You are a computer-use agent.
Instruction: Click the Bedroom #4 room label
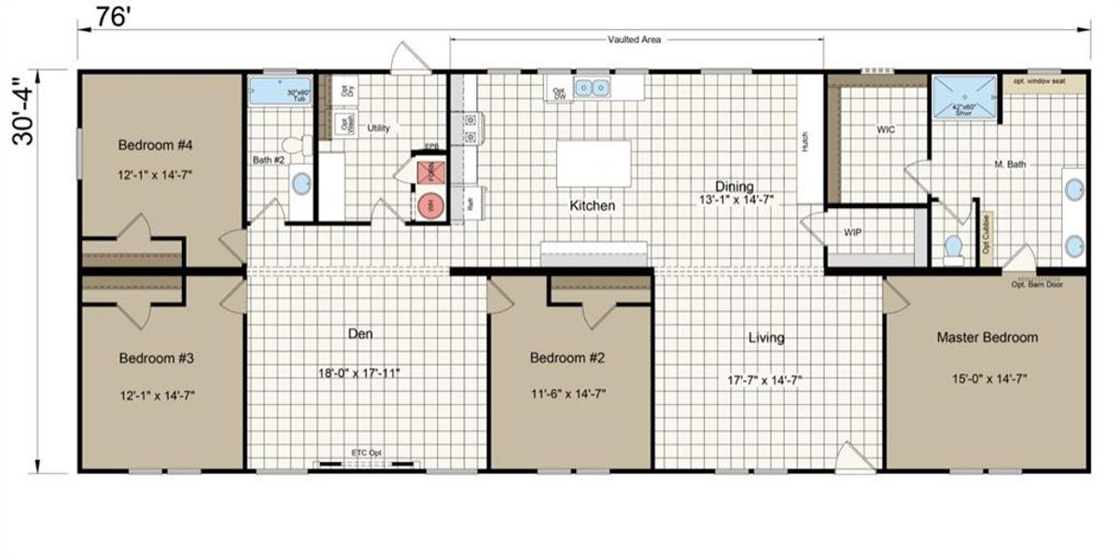tap(155, 145)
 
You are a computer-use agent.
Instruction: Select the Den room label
tap(361, 332)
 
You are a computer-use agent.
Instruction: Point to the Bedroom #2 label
tap(568, 357)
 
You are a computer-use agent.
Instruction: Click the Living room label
tap(765, 337)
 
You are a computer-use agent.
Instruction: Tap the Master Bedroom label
tap(987, 337)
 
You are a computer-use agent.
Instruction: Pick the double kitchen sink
tap(592, 89)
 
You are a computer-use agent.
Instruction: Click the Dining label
tap(735, 186)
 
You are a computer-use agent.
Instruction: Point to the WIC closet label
tap(886, 130)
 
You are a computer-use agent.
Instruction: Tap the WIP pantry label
tap(852, 231)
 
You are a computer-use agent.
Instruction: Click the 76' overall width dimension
tap(111, 18)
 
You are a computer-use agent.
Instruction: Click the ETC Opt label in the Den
tap(366, 453)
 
